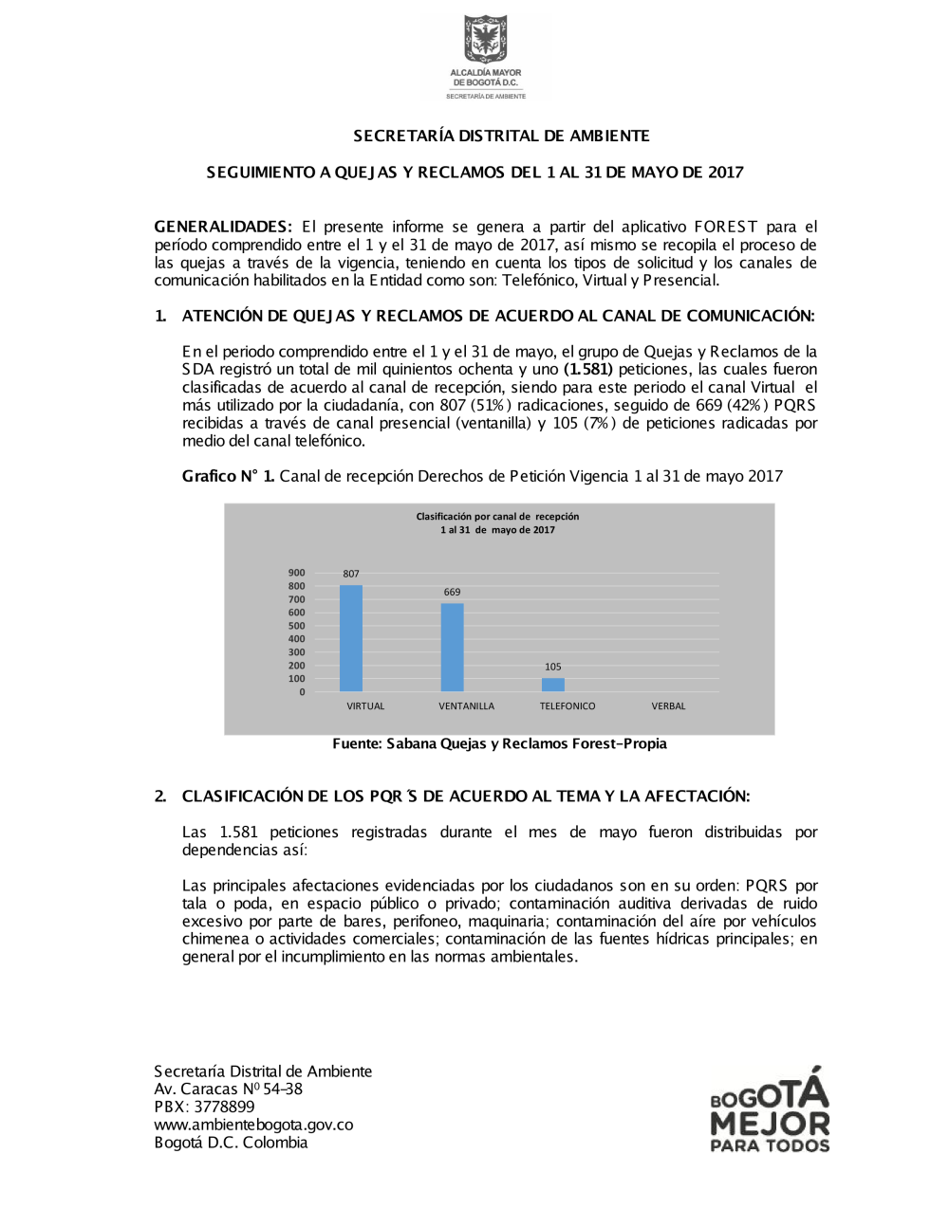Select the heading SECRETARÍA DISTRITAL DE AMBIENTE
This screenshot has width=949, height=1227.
coord(501,136)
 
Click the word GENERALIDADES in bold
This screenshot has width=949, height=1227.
coord(222,227)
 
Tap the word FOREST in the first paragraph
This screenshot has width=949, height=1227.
coord(726,227)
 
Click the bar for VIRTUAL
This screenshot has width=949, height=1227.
coord(351,638)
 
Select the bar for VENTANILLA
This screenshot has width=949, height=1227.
coord(453,648)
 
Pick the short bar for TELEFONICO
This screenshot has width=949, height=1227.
coord(553,685)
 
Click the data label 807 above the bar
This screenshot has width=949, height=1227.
coord(351,574)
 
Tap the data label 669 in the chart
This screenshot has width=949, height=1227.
coord(453,592)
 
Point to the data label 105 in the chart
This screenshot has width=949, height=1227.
coord(553,667)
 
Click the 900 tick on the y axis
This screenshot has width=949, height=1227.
coord(297,573)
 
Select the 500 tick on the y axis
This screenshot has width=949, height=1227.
coord(297,626)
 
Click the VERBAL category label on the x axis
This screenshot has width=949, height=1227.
coord(668,706)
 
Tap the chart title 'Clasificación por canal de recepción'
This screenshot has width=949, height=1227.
coord(497,517)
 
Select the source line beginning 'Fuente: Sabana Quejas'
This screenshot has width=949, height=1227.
coord(499,743)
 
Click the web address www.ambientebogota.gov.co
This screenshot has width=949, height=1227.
coord(253,1125)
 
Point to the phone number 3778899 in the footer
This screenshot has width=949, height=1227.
coord(225,1107)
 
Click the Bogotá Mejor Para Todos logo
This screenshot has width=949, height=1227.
coord(770,1110)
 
